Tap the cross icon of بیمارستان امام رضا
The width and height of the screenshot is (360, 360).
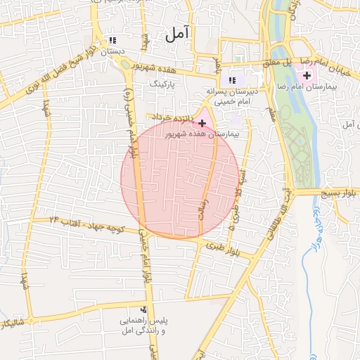(x=307, y=75)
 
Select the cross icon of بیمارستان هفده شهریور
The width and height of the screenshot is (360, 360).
(x=202, y=122)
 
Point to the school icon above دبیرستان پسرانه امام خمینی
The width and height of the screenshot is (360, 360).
(x=232, y=80)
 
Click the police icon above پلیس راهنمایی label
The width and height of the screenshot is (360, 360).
(x=143, y=309)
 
